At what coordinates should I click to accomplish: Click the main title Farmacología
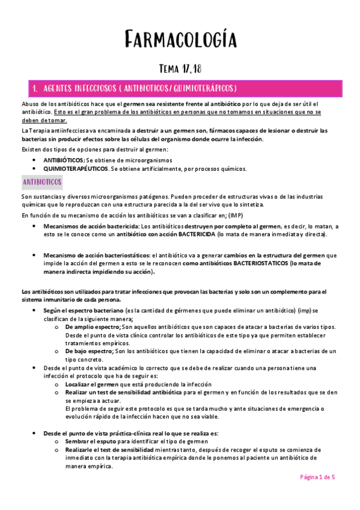[180, 40]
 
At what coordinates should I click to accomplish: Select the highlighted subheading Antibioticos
[40, 181]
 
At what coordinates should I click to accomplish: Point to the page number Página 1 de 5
[317, 476]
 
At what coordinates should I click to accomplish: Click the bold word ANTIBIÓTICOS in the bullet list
[63, 160]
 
